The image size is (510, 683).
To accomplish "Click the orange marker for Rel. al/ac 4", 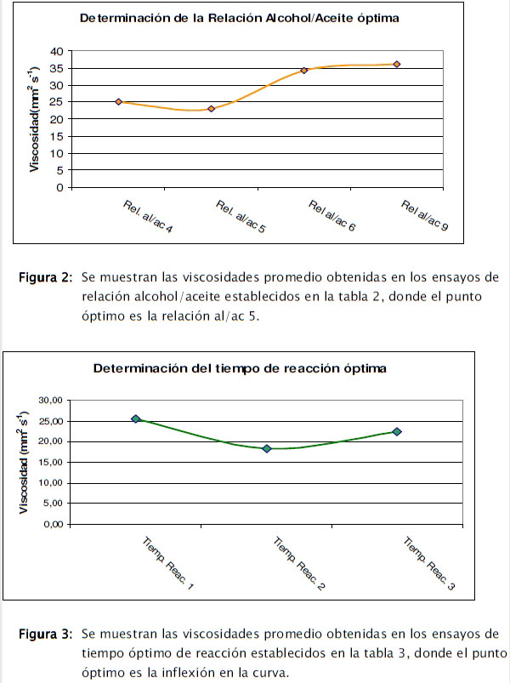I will (x=118, y=102).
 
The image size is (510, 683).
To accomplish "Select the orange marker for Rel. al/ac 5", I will (x=211, y=109).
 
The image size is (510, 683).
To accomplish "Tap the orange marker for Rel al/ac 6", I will (x=303, y=70).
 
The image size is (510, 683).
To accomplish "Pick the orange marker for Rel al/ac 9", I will (x=396, y=65).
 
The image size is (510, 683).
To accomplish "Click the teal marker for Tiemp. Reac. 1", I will (x=135, y=419).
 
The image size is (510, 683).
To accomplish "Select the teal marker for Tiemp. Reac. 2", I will (x=266, y=448).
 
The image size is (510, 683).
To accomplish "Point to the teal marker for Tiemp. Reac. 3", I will (x=396, y=431).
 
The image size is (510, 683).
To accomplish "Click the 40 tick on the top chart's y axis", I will (x=56, y=52).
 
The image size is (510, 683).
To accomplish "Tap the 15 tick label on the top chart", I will (x=56, y=136).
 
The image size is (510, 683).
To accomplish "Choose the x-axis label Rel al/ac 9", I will (x=425, y=219).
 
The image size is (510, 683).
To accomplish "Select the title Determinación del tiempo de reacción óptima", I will (x=241, y=368).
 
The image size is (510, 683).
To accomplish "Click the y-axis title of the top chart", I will (x=35, y=120).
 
